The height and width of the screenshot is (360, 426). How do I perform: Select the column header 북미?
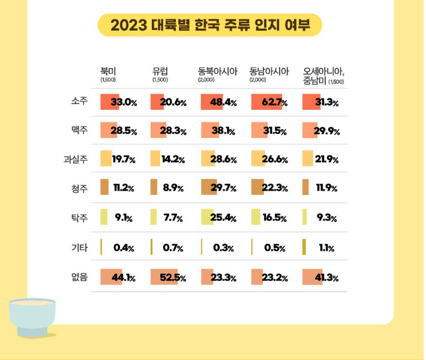pos(108,71)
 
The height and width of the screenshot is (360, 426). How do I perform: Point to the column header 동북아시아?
pos(218,71)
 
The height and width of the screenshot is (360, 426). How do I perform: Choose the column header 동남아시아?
pos(269,71)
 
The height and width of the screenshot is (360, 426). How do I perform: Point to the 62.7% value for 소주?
pos(275,102)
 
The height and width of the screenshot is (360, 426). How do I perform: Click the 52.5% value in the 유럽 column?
pos(174,278)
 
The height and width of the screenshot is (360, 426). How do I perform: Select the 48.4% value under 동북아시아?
pos(223,102)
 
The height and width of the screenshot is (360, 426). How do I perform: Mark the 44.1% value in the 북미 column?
pos(123,278)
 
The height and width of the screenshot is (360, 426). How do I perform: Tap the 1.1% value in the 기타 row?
pos(326,248)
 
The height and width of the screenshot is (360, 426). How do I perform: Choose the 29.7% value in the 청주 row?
pos(223,188)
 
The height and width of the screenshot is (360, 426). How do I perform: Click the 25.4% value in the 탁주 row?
pos(223,218)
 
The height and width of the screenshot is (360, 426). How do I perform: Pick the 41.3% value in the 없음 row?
pos(327,278)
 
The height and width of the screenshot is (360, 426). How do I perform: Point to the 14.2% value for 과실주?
pos(173,160)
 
